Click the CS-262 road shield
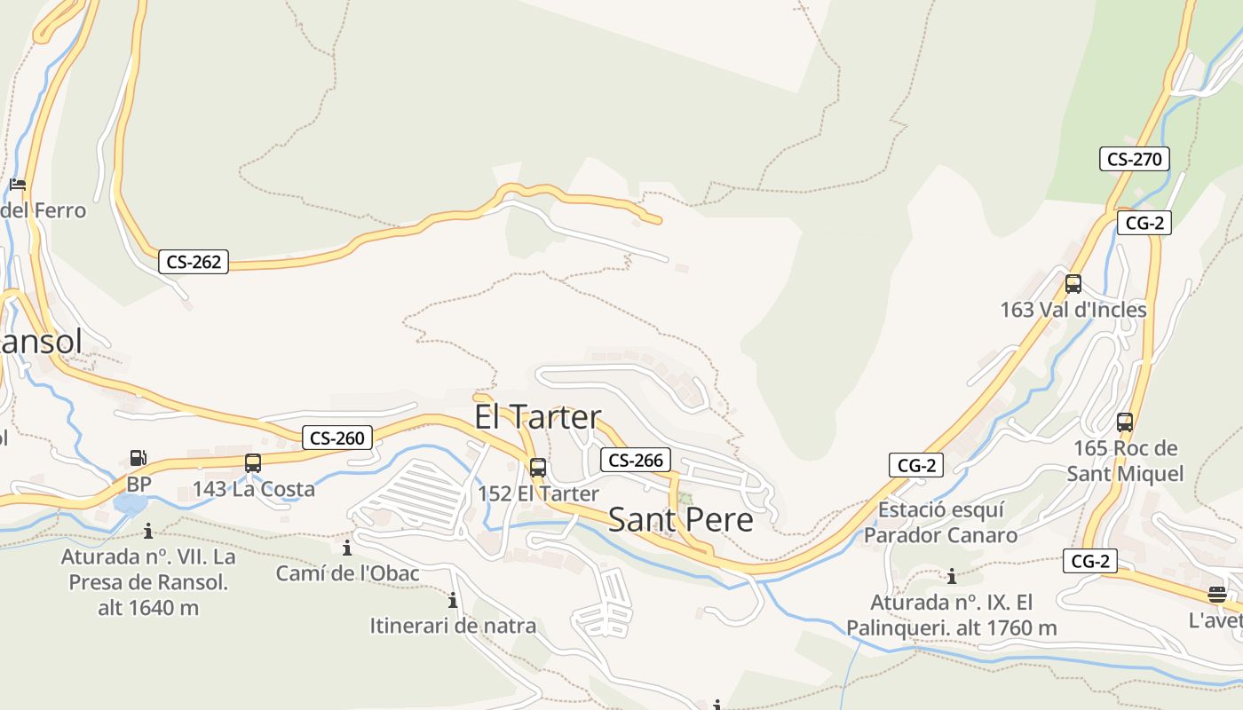[194, 262]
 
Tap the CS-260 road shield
[336, 438]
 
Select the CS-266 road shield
[636, 460]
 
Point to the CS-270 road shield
[1134, 160]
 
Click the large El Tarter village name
[537, 417]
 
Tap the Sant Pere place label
[680, 520]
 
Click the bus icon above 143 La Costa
[253, 463]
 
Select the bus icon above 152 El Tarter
[538, 468]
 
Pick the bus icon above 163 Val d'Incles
[1073, 284]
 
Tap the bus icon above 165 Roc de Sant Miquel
[1125, 422]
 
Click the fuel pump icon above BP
[139, 458]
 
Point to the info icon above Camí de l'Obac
[346, 548]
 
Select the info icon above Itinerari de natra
[453, 600]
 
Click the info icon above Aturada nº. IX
[952, 577]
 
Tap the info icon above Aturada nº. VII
[147, 531]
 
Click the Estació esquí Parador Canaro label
[940, 523]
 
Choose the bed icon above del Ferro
[18, 185]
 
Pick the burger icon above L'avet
[1216, 594]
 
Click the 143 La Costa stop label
[254, 489]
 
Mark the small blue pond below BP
[130, 505]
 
